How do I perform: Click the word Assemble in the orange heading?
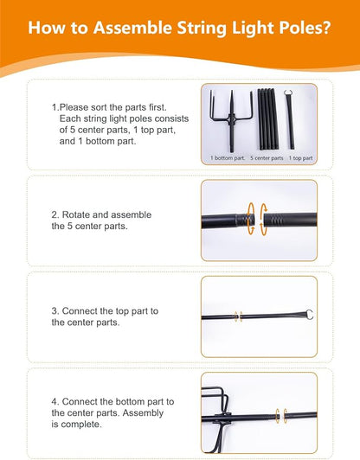click(x=132, y=28)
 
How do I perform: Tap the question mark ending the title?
click(x=326, y=28)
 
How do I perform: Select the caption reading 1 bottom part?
click(x=228, y=158)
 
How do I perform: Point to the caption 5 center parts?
click(x=267, y=158)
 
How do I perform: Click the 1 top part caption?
click(x=300, y=158)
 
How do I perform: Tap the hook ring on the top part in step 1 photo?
click(x=288, y=93)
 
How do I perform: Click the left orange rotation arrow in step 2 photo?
click(x=251, y=219)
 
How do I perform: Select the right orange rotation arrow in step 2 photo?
click(x=264, y=219)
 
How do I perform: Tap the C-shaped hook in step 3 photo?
click(x=309, y=315)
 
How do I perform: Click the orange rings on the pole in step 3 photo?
click(x=239, y=316)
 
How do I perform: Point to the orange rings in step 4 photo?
click(x=281, y=416)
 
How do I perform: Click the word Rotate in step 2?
click(x=76, y=214)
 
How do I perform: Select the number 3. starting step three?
click(x=55, y=311)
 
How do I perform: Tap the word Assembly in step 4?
click(x=143, y=412)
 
